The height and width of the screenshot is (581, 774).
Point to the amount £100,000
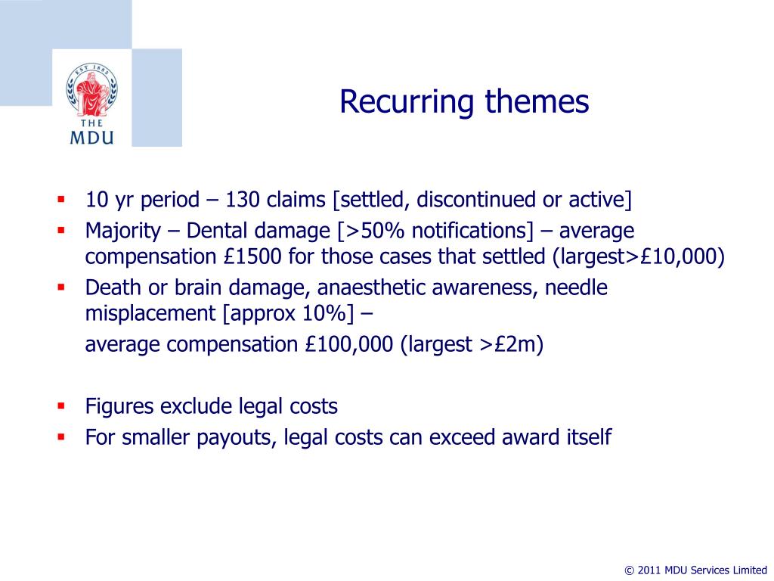(x=350, y=345)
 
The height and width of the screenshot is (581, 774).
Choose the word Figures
(x=119, y=406)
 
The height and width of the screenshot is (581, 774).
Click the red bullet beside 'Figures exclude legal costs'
(x=62, y=406)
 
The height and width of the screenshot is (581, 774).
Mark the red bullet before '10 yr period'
(x=62, y=200)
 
